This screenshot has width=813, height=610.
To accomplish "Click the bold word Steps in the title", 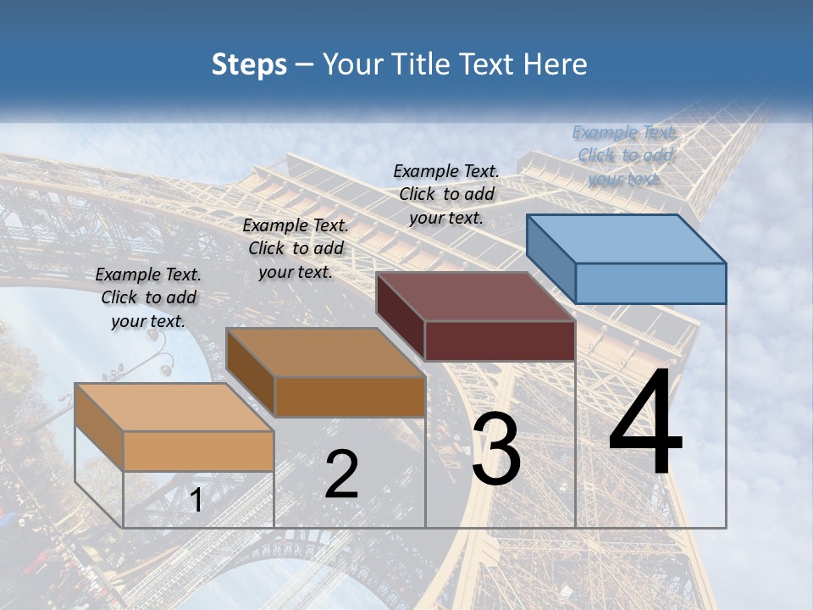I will tap(249, 64).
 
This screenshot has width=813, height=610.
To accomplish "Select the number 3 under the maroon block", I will tap(496, 450).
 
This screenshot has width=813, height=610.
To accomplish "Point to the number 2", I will tap(342, 474).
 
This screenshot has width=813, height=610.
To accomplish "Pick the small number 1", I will tap(196, 500).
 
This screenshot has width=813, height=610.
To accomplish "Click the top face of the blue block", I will tap(626, 239).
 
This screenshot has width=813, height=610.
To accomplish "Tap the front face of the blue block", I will tap(650, 283).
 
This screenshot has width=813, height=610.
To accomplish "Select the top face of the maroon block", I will tap(475, 297).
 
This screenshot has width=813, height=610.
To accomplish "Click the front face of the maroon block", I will tap(500, 341).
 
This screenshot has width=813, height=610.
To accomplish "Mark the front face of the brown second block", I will tap(350, 396).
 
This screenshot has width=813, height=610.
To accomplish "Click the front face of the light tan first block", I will tap(198, 451).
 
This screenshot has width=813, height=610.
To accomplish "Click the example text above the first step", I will tap(148, 297).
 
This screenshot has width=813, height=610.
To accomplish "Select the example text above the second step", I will tap(296, 248).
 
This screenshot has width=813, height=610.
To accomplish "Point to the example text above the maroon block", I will tap(446, 194).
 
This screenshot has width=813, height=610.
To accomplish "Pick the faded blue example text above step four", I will tap(625, 155).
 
